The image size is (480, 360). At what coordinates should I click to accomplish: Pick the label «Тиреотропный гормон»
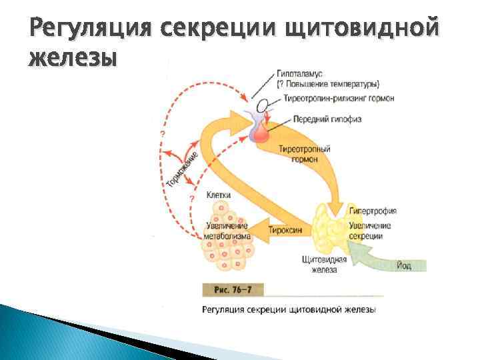coord(305,155)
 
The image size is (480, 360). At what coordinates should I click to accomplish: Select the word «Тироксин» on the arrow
coord(285,230)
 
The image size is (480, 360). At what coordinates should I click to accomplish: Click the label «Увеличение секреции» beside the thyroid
coord(370,231)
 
